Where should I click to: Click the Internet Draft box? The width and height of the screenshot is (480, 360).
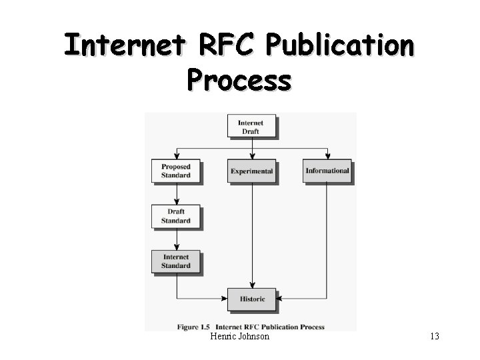tap(251, 127)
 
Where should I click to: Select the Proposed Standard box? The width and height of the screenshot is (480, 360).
tap(176, 171)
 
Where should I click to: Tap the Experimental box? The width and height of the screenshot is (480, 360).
tap(251, 171)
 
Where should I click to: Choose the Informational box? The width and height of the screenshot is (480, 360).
tap(327, 171)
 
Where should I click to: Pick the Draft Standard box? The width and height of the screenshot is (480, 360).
tap(176, 216)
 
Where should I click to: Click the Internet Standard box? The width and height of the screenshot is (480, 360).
tap(176, 261)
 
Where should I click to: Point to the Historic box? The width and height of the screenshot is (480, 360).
tap(252, 299)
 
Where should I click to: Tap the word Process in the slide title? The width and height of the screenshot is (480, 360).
tap(239, 79)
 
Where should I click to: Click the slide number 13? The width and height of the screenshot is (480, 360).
tap(435, 337)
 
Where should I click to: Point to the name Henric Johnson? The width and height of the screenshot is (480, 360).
tap(239, 337)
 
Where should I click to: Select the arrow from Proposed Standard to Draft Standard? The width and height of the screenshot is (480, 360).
tap(177, 193)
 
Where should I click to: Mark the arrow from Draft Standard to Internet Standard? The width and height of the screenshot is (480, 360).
tap(177, 238)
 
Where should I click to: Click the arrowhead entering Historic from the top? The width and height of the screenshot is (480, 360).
tap(252, 285)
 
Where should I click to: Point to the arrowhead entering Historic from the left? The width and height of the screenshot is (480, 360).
tap(225, 299)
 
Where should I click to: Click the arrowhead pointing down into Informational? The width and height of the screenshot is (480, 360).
tap(327, 156)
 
